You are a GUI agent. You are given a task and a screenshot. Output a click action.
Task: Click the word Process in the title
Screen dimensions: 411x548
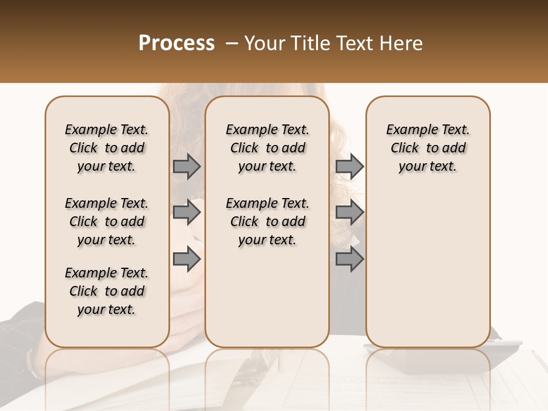tap(176, 43)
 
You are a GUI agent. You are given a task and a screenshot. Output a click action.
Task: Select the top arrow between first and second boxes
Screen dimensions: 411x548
tap(187, 166)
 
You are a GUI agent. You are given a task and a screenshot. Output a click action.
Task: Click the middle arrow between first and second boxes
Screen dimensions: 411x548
tap(187, 212)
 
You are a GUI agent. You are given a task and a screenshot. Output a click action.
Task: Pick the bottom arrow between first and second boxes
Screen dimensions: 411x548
tap(187, 259)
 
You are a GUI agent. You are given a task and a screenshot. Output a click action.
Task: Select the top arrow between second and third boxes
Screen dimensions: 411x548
tap(349, 166)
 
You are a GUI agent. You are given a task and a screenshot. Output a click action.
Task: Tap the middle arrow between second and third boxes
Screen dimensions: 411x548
tap(349, 212)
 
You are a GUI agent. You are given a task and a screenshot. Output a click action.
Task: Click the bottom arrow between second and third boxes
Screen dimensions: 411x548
tap(349, 259)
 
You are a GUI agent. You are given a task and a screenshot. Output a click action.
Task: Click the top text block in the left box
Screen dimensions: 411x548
tap(107, 148)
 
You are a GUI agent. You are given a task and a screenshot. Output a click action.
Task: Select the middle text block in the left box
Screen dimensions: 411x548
tap(107, 221)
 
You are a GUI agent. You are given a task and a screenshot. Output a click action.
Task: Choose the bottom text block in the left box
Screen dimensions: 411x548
tap(107, 291)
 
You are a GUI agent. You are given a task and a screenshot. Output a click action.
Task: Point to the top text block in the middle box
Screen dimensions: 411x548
tap(267, 148)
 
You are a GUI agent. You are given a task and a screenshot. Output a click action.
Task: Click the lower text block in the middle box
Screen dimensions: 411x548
tap(267, 221)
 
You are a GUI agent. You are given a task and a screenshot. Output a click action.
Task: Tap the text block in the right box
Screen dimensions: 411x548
tap(428, 148)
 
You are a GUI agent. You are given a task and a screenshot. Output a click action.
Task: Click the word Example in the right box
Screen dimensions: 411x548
tap(408, 130)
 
